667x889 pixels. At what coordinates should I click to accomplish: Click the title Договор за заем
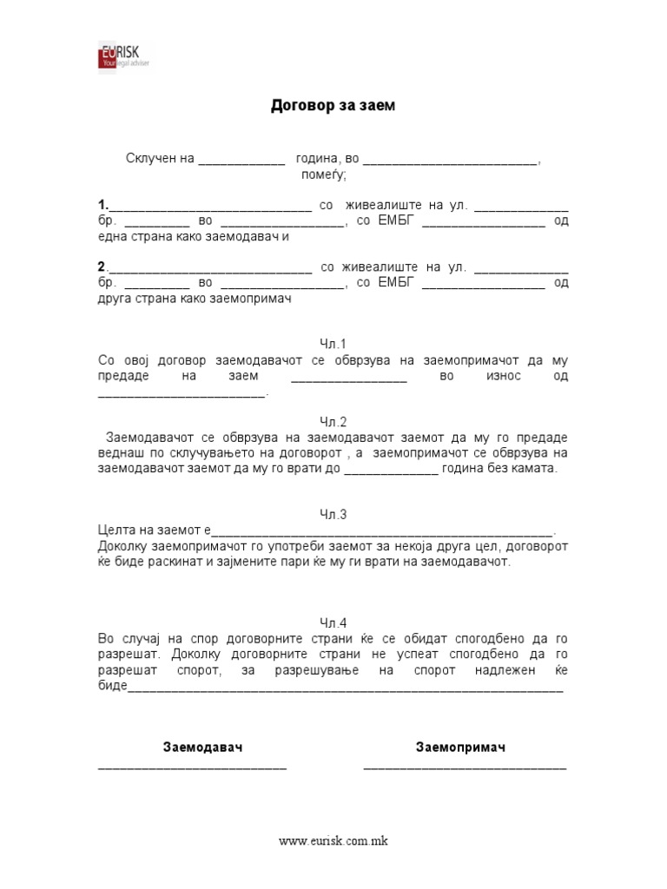coord(333,106)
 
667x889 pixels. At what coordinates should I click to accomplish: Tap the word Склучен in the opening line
coord(150,159)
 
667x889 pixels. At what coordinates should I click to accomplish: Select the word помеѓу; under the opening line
coord(323,175)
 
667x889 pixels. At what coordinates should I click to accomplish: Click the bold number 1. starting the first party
coord(103,206)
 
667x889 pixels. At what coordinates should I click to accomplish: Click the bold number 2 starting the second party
coord(102,267)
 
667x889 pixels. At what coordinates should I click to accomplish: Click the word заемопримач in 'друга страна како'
coord(248,298)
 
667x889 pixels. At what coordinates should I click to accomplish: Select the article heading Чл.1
coord(333,344)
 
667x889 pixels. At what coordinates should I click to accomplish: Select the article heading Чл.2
coord(333,422)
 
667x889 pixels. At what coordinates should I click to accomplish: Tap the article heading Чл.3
coord(333,515)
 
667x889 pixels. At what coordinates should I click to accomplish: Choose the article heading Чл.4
coord(333,622)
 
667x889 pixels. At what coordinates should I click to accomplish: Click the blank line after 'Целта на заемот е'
coord(382,532)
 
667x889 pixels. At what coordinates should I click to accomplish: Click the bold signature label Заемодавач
coord(202,747)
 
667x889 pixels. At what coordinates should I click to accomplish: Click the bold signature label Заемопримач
coord(460,747)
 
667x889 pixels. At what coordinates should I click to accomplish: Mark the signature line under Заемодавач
coord(192,767)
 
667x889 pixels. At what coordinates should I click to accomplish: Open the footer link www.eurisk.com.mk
coord(333,841)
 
